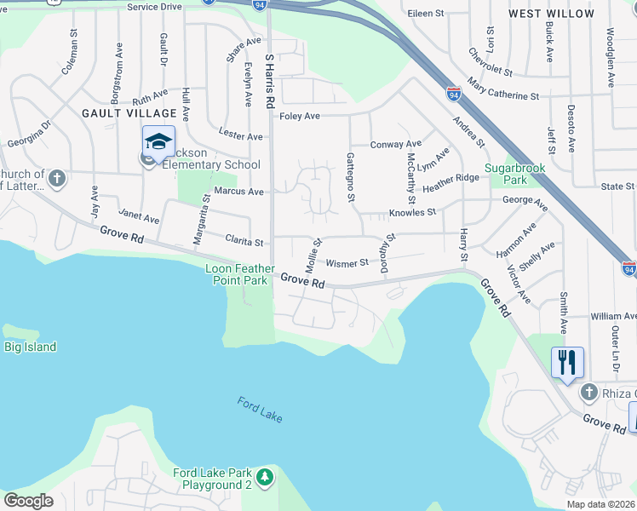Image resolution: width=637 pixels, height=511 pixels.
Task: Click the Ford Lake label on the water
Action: [x=260, y=411]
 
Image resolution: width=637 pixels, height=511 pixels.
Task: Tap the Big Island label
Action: [x=30, y=347]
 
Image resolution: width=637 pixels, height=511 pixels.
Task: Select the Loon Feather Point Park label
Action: [x=241, y=273]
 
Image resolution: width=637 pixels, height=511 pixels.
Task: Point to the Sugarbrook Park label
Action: [x=515, y=175]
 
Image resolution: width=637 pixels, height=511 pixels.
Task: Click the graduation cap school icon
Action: [x=158, y=141]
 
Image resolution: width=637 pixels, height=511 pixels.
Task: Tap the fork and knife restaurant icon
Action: [x=566, y=362]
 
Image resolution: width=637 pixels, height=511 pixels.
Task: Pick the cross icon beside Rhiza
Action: [x=588, y=392]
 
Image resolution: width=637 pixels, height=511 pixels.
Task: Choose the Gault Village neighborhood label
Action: [x=129, y=112]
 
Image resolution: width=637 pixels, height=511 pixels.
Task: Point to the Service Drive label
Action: [x=155, y=7]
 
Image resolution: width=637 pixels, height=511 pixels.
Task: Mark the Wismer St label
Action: [x=346, y=263]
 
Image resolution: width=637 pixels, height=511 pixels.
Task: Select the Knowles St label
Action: [x=412, y=211]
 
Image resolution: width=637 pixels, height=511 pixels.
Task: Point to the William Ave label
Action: [x=612, y=316]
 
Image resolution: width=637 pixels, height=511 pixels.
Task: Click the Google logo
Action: [x=28, y=501]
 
